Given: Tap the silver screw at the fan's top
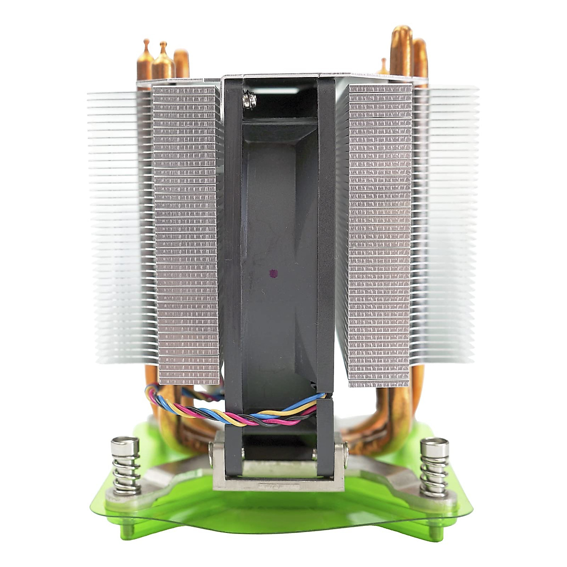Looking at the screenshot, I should point(249,100).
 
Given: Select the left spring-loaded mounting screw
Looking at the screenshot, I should point(126,465).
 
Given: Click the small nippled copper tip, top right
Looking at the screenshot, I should point(383,66).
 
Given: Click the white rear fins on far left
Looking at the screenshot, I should point(116,227).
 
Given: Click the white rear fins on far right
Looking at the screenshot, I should point(449,227).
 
